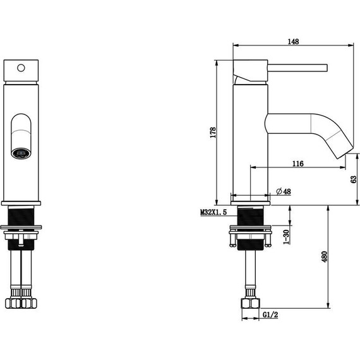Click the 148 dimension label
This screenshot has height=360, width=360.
point(294,42)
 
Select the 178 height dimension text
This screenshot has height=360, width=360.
point(213,133)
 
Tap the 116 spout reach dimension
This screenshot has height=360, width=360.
point(297,164)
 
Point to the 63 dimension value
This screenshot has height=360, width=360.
point(354,179)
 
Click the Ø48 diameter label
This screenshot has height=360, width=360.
point(284,191)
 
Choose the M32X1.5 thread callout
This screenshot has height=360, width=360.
point(213,212)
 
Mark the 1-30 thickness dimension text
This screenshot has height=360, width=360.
point(286,237)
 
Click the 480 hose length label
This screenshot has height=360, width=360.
point(324,257)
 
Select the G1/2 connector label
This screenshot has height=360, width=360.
point(270,315)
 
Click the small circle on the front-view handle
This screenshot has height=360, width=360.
point(21,68)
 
